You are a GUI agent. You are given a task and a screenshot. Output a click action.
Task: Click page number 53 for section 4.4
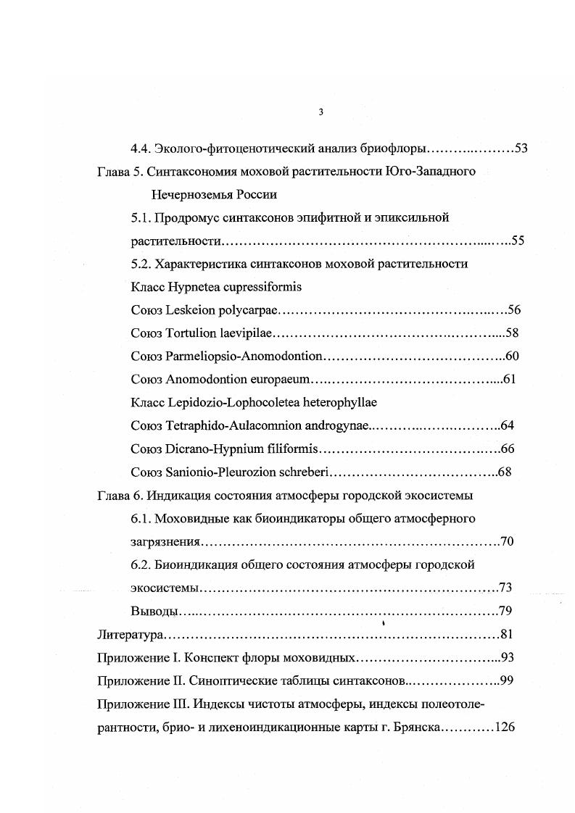[521, 149]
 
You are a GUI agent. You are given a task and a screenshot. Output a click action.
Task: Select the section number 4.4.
[140, 149]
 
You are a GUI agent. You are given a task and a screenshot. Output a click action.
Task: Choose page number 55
[517, 241]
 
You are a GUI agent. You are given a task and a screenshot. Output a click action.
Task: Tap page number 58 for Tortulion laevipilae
[512, 333]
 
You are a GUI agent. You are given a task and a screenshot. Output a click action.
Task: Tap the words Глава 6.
[114, 495]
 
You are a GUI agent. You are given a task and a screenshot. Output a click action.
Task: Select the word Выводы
[154, 610]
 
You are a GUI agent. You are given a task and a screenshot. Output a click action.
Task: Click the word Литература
[130, 634]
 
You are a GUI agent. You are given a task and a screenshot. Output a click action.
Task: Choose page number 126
[503, 726]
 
